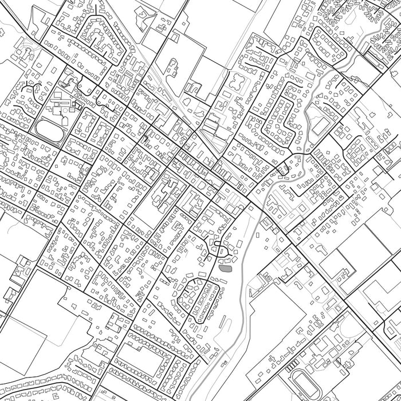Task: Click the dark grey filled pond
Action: click(225, 267)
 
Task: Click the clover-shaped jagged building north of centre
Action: click(235, 83)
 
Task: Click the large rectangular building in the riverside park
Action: click(321, 125)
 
